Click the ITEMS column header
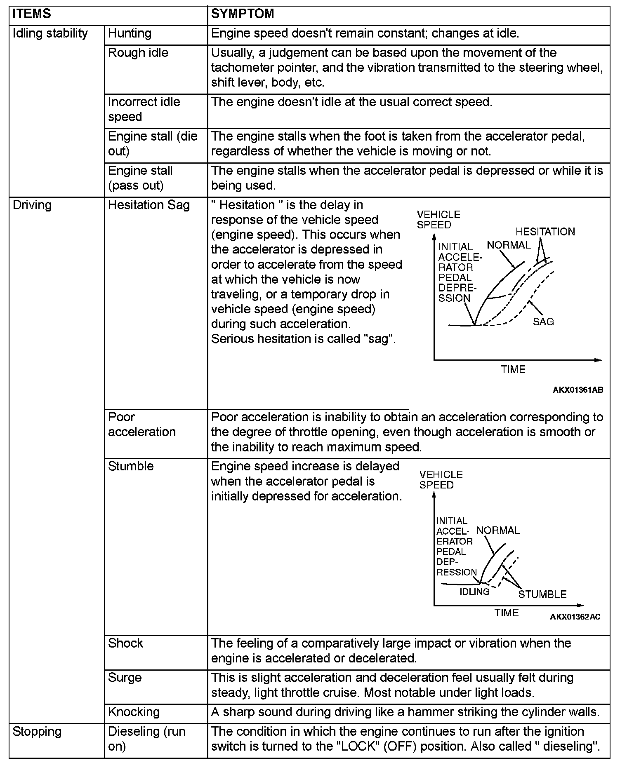[x=32, y=14]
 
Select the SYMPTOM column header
[x=243, y=14]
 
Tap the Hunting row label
[x=130, y=33]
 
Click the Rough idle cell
[x=138, y=53]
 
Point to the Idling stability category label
[x=50, y=33]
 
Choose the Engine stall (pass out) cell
[x=140, y=178]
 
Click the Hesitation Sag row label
[x=149, y=205]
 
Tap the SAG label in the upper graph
[x=543, y=322]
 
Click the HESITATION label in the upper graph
[x=545, y=232]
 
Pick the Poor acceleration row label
[x=142, y=425]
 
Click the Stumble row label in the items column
[x=131, y=466]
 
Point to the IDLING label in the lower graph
[x=474, y=592]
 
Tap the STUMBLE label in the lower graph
[x=542, y=594]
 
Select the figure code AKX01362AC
[x=575, y=617]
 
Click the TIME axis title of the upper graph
[x=513, y=369]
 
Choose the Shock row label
[x=125, y=643]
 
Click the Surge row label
[x=125, y=678]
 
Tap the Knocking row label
[x=134, y=712]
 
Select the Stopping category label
[x=37, y=732]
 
